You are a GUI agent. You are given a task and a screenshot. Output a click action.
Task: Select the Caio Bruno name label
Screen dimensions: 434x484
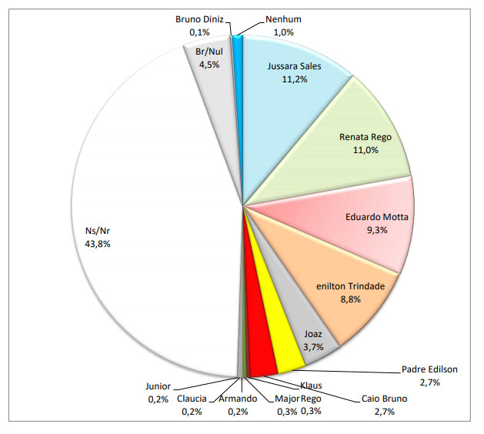coord(386,399)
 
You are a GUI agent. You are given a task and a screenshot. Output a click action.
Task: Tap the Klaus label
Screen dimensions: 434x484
coord(311,386)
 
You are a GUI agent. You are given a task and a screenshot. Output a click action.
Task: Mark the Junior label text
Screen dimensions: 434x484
coord(158,387)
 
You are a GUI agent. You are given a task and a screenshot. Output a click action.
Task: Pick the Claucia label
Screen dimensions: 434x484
coord(192,399)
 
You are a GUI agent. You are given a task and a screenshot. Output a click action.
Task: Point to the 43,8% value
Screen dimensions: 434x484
coord(104,244)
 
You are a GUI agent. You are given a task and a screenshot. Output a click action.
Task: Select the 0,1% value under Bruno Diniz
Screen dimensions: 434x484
coord(202,32)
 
